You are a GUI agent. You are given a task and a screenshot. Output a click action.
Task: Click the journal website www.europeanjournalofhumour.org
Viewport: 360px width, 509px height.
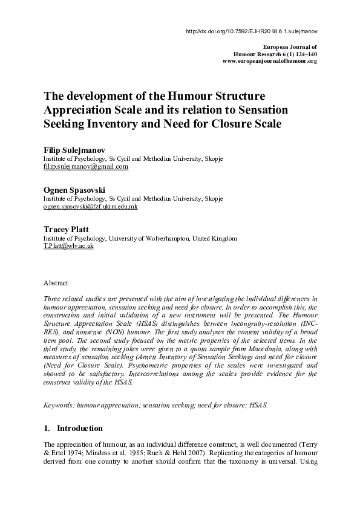click(x=270, y=61)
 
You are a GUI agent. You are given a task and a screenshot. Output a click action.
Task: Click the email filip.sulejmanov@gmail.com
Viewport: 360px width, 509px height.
click(x=85, y=166)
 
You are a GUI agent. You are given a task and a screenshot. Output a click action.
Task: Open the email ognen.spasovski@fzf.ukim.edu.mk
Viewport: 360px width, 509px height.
click(x=99, y=206)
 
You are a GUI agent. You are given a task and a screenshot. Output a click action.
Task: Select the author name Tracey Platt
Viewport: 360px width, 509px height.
click(x=65, y=230)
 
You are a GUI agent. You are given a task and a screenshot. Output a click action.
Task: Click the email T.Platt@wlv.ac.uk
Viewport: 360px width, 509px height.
click(x=68, y=247)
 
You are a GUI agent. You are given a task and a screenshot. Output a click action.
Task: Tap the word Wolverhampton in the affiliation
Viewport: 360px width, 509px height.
click(x=168, y=239)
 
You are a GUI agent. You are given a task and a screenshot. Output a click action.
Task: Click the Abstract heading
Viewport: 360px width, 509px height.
click(x=56, y=283)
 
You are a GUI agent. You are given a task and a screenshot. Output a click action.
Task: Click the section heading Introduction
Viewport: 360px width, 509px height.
click(x=79, y=429)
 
